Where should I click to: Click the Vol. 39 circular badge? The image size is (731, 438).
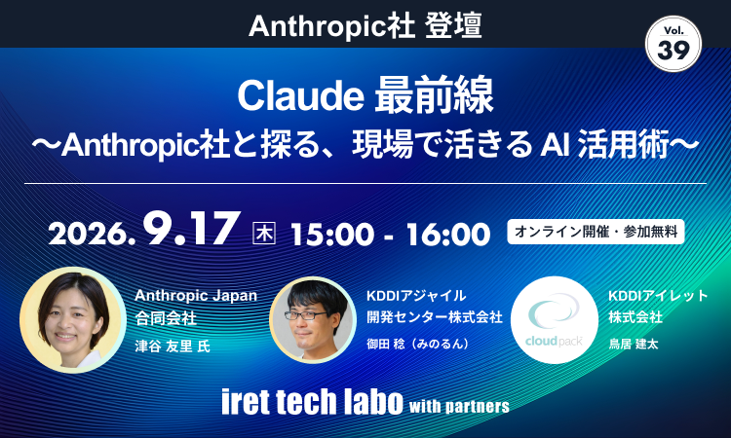tap(673, 44)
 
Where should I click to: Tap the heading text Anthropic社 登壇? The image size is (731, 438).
tap(365, 26)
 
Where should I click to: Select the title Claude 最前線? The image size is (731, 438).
tap(365, 96)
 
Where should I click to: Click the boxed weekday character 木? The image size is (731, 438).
tap(264, 234)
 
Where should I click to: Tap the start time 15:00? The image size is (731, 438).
tap(332, 234)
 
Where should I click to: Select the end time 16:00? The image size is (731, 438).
tap(448, 234)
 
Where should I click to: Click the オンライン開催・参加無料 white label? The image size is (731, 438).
tap(596, 232)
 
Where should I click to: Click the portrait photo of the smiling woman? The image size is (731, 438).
tap(73, 320)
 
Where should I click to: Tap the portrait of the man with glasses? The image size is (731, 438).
tap(313, 320)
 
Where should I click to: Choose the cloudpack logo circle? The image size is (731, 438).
tap(555, 320)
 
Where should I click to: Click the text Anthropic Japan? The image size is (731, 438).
tap(196, 296)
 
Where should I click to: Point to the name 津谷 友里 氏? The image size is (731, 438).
tap(173, 347)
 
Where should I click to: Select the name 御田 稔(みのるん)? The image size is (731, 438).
tap(418, 344)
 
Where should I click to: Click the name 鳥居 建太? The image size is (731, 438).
tap(634, 344)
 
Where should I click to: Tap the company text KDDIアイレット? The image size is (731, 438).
tap(658, 296)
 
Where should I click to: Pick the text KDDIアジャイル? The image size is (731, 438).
tap(416, 296)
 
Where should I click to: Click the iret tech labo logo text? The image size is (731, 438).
tap(312, 401)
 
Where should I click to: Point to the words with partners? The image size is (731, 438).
tap(459, 406)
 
